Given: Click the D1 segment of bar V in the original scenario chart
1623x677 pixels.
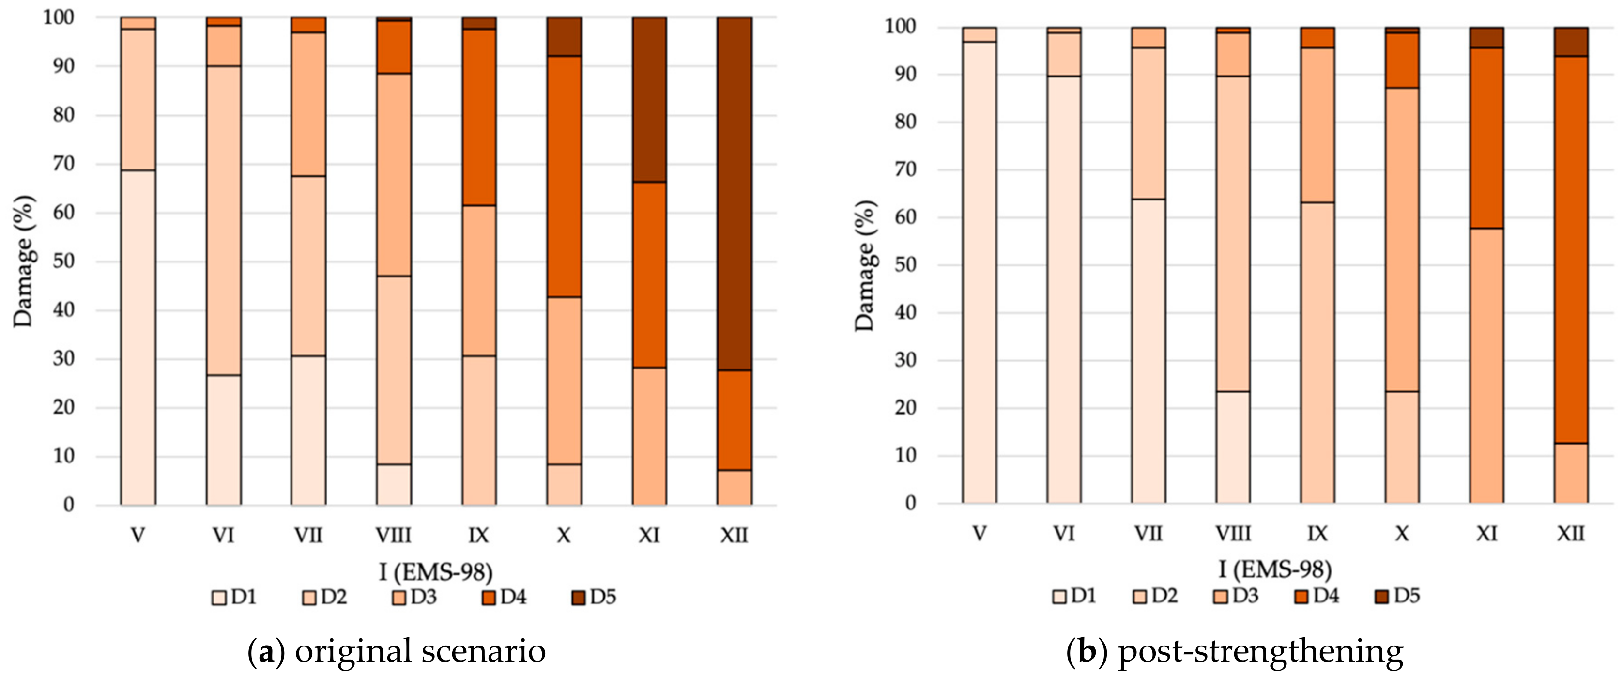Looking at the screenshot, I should tap(138, 337).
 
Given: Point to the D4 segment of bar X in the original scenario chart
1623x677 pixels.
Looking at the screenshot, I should tap(564, 176).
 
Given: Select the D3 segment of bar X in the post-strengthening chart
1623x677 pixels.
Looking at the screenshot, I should tap(1402, 240).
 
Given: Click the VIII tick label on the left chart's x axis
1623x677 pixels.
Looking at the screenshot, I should tap(393, 536).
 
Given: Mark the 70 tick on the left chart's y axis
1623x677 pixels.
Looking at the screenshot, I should tap(63, 164).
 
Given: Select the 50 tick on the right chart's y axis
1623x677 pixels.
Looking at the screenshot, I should tap(905, 265).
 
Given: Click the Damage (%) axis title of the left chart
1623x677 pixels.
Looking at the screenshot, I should tap(23, 261).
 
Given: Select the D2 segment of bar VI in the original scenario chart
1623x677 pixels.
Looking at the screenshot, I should tap(224, 221).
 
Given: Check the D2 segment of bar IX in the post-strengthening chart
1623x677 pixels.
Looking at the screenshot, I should tap(1317, 353).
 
